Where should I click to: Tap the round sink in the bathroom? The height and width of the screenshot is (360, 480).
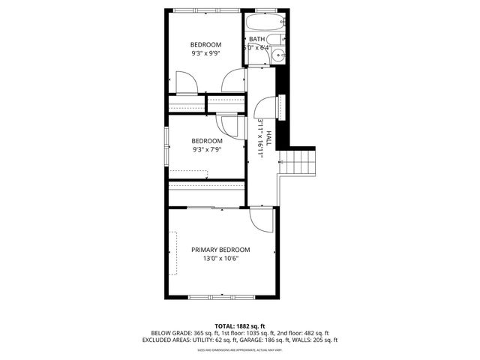[277, 55]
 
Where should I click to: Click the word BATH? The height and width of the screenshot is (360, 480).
[256, 39]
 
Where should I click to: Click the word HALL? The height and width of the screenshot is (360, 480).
[268, 136]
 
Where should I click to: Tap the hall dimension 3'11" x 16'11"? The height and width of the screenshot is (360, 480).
[260, 137]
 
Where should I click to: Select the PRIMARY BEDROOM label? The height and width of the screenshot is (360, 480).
[220, 250]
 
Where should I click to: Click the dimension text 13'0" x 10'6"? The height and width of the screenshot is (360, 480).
[220, 259]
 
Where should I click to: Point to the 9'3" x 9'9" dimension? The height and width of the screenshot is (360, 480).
[205, 54]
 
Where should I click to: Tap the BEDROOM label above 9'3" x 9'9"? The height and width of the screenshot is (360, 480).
[205, 44]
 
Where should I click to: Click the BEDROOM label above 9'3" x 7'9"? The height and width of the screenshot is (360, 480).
[206, 141]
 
